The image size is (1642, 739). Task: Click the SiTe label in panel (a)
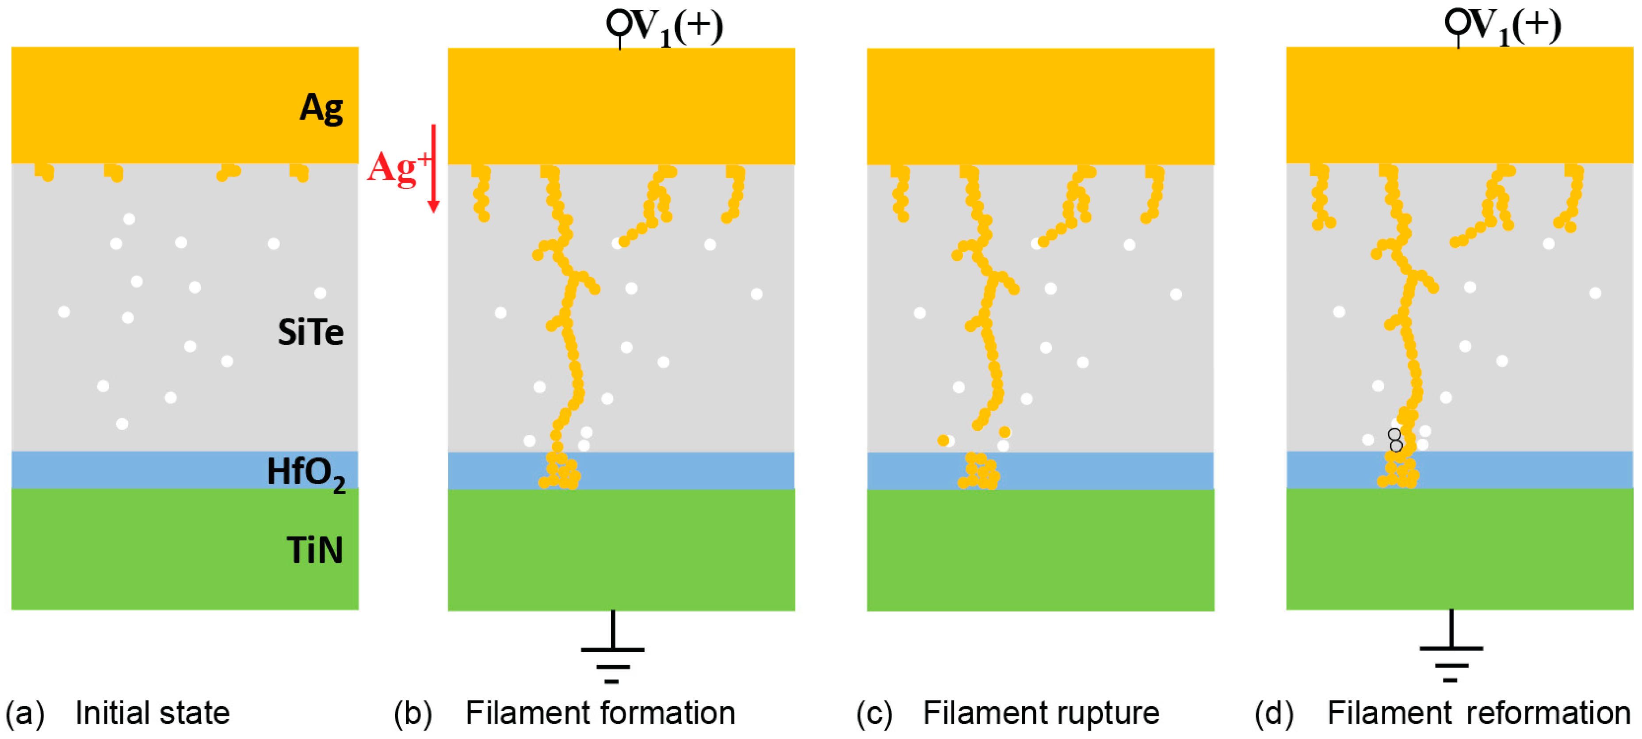[310, 332]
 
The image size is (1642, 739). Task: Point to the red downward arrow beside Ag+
[433, 168]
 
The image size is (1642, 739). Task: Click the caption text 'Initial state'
[153, 713]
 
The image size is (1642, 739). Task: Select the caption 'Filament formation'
[600, 713]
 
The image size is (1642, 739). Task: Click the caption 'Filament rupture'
[1041, 713]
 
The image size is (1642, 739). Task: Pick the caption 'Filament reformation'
[1478, 713]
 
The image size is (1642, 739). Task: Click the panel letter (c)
[874, 713]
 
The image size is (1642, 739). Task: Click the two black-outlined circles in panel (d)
[1395, 440]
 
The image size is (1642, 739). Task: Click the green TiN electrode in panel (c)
[1040, 550]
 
